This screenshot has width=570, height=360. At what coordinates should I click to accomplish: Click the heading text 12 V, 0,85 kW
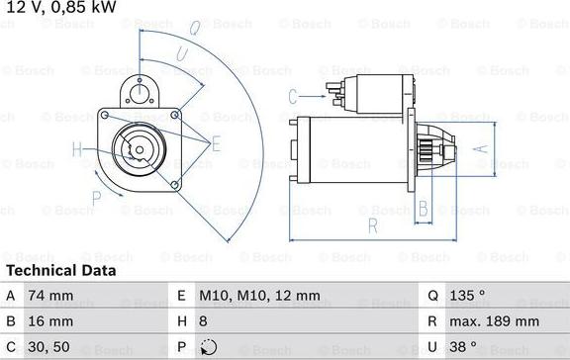58,8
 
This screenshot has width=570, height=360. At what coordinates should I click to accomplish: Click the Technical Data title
60,270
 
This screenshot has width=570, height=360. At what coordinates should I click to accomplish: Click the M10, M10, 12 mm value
259,296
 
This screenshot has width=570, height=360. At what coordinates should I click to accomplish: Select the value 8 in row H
205,321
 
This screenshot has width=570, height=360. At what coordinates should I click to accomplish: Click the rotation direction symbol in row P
207,347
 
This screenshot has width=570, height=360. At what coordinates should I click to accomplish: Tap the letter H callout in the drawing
77,150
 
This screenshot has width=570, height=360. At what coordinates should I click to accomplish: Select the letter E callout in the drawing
217,142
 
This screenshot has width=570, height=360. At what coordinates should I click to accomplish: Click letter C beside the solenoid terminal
292,96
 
